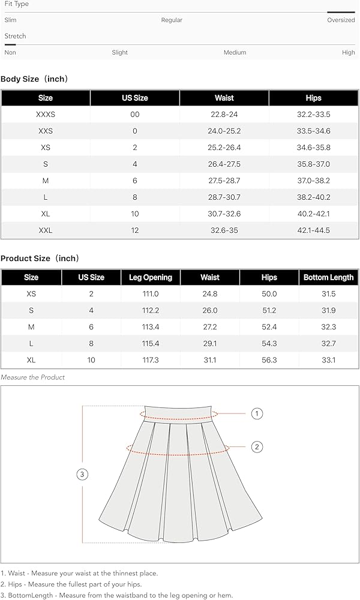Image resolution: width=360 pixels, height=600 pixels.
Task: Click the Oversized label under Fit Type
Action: coord(341,20)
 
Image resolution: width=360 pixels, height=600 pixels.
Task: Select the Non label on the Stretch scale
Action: coord(10,52)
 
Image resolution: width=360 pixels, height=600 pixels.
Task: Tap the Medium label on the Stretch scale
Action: coord(235,52)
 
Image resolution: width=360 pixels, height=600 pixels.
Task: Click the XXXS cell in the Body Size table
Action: coord(46,114)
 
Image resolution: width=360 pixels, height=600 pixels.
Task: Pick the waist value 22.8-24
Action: coord(224,114)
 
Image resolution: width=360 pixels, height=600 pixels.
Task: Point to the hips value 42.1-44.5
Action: coord(314,230)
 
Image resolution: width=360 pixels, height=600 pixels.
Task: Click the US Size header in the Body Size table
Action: coord(135,98)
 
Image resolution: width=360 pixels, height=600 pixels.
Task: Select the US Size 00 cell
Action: coord(135,114)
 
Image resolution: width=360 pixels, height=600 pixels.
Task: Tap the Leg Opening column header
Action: coord(151,277)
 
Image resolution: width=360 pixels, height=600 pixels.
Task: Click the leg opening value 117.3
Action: coord(151,360)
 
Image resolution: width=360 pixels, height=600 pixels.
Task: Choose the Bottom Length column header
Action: coord(328,277)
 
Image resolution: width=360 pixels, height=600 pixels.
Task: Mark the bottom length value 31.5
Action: coord(328,294)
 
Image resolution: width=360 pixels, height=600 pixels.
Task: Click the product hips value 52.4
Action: coord(269,327)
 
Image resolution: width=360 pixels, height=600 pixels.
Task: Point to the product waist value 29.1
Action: coord(210,344)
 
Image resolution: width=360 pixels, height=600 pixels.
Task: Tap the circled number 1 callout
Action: coord(257,413)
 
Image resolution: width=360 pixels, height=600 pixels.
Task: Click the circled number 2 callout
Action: coord(257,446)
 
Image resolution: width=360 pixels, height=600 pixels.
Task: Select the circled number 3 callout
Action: coord(83,475)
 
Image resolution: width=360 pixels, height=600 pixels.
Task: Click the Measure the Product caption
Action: coord(33,377)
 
